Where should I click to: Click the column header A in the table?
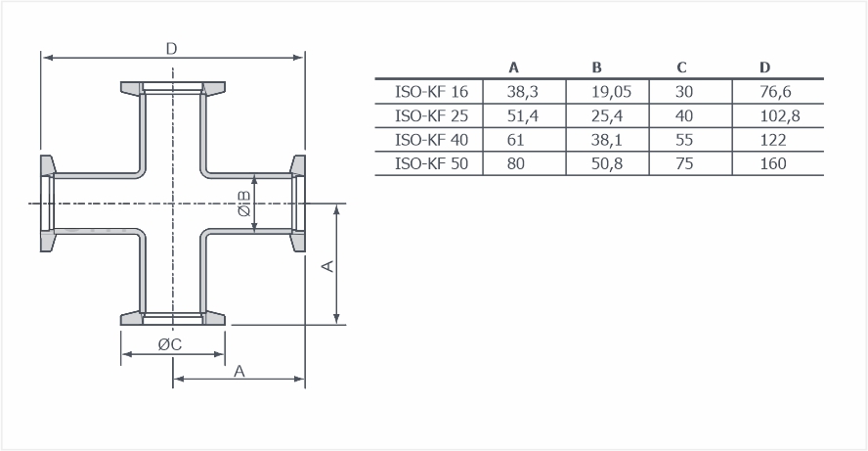(514, 68)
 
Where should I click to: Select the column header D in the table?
(764, 68)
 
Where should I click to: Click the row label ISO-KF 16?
(431, 91)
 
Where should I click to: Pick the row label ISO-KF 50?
(431, 163)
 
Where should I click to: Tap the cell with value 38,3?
(522, 91)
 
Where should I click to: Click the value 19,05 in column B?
(611, 91)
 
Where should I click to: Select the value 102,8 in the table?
(779, 115)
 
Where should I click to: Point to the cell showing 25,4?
(607, 115)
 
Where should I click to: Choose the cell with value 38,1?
(607, 140)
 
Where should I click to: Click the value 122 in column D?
(773, 140)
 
